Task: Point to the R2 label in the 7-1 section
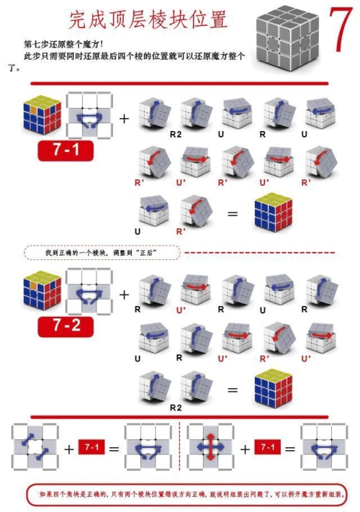click(175, 134)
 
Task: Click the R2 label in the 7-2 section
click(175, 407)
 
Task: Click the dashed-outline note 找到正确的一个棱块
click(102, 253)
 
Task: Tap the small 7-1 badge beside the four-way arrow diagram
click(268, 448)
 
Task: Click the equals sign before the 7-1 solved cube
click(232, 214)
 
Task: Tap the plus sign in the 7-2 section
click(124, 295)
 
